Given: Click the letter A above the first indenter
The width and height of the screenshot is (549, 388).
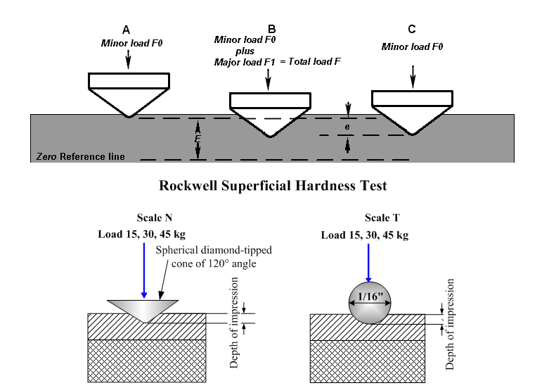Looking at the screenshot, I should click(126, 30).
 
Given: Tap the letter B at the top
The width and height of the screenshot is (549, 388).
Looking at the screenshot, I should click(272, 29).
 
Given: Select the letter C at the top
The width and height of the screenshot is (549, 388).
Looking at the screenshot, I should click(411, 29).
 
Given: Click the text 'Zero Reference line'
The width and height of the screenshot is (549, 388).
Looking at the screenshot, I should click(80, 156).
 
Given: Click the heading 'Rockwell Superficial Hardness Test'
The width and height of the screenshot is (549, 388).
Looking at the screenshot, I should click(274, 187).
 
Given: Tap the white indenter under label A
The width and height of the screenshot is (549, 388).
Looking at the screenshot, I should click(128, 92).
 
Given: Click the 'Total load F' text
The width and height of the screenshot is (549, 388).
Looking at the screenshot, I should click(316, 62).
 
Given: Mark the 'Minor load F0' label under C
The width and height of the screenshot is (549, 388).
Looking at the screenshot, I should click(413, 46).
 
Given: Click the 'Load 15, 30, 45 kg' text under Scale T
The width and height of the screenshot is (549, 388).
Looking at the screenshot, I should click(364, 234).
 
